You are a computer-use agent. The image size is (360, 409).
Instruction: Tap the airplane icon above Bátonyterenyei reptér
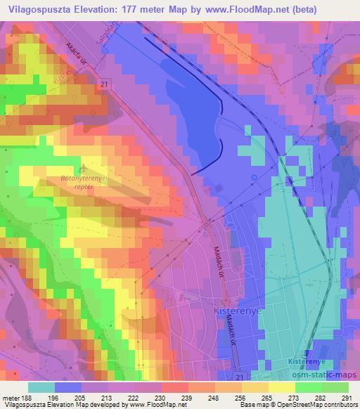tap(84, 169)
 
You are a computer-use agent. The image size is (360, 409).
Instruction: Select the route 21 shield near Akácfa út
tap(103, 83)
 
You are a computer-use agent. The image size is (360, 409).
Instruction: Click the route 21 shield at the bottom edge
tap(242, 378)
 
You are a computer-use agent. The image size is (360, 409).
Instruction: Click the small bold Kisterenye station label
tap(307, 361)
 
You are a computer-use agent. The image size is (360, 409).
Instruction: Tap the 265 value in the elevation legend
tap(267, 397)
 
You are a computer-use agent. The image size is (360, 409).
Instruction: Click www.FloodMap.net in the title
tap(236, 10)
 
